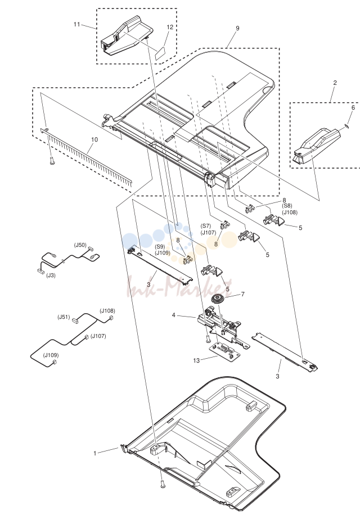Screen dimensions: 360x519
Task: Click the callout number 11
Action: coord(77,24)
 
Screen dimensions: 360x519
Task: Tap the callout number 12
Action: coord(170,27)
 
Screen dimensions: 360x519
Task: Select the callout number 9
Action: coord(237,28)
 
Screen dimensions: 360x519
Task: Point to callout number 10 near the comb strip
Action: coord(94,139)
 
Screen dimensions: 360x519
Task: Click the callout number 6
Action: coord(353,107)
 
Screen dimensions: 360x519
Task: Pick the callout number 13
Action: coord(196,360)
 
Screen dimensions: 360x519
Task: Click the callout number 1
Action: coord(94,453)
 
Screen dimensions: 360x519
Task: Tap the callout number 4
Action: coord(174,315)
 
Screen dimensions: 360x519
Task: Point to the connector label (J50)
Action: coord(80,245)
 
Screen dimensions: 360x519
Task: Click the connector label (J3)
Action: coord(51,275)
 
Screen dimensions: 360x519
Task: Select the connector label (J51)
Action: coord(64,317)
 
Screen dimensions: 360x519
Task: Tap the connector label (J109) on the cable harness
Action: coord(51,355)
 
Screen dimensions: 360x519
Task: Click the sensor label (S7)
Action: coord(206,226)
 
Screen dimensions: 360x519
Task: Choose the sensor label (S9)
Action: coord(160,247)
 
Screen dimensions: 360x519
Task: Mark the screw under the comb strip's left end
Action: coord(52,161)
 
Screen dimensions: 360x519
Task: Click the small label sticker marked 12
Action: coord(161,53)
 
